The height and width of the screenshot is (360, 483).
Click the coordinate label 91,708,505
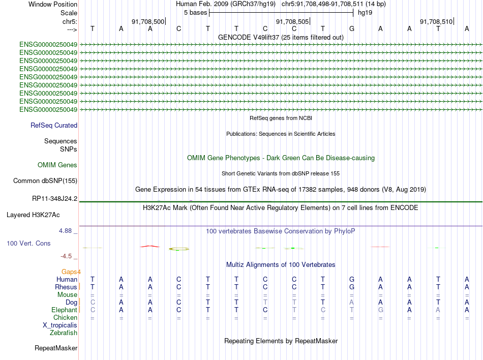click(x=292, y=22)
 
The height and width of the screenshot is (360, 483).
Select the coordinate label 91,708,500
click(x=148, y=22)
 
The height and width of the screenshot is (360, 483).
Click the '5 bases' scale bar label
click(x=195, y=12)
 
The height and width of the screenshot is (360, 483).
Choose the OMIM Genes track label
click(x=57, y=165)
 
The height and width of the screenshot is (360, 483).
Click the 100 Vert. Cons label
click(x=28, y=244)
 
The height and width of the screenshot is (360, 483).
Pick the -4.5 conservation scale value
click(x=67, y=256)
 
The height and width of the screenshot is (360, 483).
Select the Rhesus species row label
click(x=66, y=287)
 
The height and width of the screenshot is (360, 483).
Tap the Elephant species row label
click(x=64, y=310)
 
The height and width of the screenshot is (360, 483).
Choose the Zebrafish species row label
click(x=64, y=333)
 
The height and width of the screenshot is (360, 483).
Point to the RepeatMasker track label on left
click(x=56, y=348)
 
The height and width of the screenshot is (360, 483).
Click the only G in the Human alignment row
click(x=351, y=279)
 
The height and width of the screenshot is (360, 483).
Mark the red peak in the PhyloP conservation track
click(x=149, y=246)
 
